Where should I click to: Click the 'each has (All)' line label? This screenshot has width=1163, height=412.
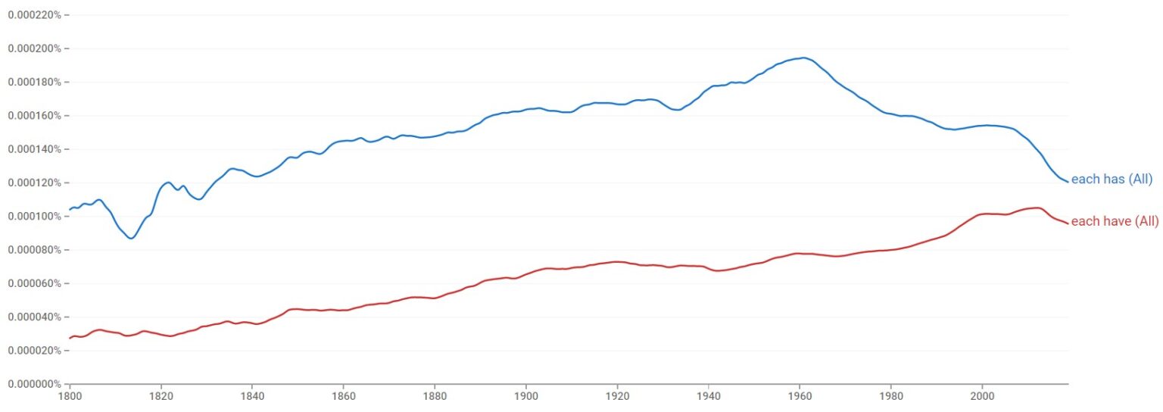click(1112, 179)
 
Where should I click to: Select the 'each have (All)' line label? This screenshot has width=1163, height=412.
click(1115, 221)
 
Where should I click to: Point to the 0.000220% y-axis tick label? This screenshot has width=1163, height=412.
click(35, 15)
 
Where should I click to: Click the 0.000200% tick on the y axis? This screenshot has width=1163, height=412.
click(35, 48)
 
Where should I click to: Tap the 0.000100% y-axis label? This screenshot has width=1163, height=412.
click(35, 217)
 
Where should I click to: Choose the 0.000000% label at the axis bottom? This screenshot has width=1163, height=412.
click(35, 384)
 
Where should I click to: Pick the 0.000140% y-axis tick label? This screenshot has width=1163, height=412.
click(35, 149)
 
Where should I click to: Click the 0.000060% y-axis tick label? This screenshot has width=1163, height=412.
click(35, 283)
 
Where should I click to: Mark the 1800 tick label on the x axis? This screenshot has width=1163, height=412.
click(70, 395)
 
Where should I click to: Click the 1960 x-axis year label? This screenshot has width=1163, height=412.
click(800, 395)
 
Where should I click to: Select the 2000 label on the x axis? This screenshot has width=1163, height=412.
click(983, 395)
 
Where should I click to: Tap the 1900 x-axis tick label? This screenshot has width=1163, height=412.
click(526, 395)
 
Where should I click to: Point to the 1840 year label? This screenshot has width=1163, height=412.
click(252, 395)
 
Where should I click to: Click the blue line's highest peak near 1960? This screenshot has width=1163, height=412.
click(803, 58)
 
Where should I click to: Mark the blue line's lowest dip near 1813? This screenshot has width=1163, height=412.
click(131, 239)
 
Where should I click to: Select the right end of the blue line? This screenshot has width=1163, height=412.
click(1068, 182)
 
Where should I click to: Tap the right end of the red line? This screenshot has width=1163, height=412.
click(1068, 223)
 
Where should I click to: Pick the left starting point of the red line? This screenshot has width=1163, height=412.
click(70, 338)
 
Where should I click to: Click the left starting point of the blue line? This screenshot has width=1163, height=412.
click(70, 210)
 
